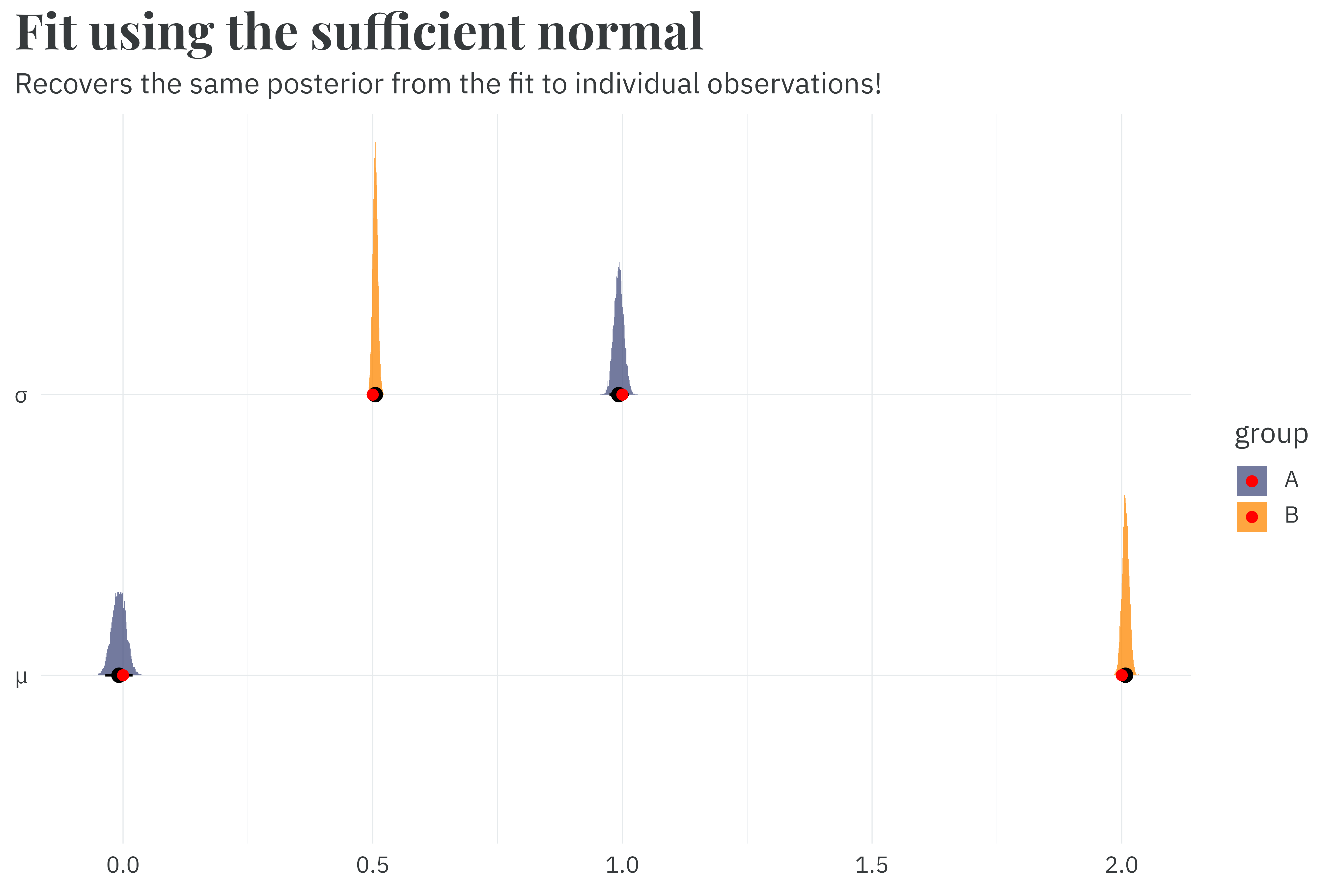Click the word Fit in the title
tap(46, 33)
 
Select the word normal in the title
tap(620, 33)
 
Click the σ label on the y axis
tap(21, 395)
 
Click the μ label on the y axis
tap(21, 677)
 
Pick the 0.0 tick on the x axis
tap(123, 865)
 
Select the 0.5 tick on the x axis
tap(373, 865)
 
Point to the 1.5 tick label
tap(871, 865)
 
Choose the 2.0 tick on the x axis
tap(1121, 865)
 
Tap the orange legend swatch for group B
tap(1252, 517)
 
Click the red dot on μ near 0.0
tap(123, 675)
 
